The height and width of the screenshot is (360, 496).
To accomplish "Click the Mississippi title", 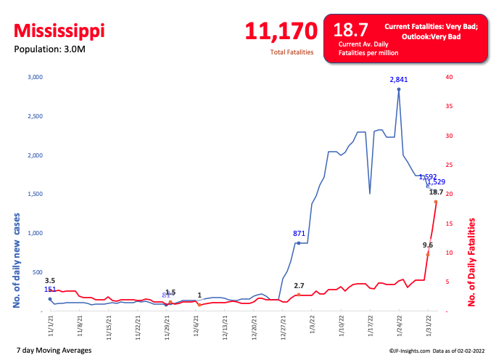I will [x=59, y=31].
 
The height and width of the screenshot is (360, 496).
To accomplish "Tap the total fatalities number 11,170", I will [x=281, y=31].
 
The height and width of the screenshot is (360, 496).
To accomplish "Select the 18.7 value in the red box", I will [x=350, y=30].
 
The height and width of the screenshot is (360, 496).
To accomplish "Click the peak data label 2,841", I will [x=399, y=80].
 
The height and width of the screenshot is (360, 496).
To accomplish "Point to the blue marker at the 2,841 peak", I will [x=399, y=89].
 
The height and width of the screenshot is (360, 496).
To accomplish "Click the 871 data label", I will [x=298, y=234].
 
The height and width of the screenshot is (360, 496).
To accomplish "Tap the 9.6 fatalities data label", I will [x=428, y=245].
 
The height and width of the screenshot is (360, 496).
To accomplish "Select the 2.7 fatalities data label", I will [x=299, y=286].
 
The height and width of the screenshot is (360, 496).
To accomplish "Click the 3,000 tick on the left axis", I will [x=36, y=77].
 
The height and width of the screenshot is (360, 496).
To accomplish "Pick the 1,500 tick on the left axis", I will [x=36, y=195].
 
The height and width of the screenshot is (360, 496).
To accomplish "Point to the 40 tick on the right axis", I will [x=450, y=77].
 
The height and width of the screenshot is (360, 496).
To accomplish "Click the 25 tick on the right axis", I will [x=450, y=165].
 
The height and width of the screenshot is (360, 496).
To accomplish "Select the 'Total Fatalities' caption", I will [x=292, y=53].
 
